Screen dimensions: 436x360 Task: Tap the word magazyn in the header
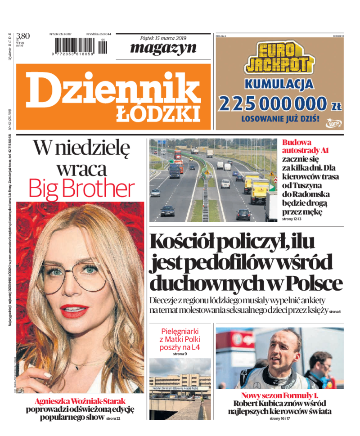coord(163,48)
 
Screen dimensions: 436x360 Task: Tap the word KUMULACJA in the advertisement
coord(279,84)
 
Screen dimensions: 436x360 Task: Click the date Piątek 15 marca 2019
coord(163,37)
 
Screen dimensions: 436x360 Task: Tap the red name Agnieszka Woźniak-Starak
coord(80,401)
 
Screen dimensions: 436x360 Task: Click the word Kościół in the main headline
coord(186,242)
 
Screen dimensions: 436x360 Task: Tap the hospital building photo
coord(180,390)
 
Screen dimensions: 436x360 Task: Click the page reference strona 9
coord(180,355)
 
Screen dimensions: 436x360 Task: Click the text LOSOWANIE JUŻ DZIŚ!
coord(280,120)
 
